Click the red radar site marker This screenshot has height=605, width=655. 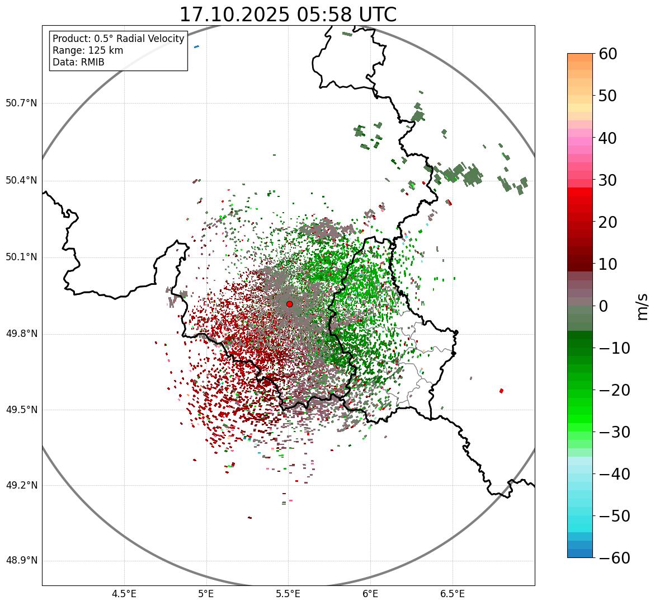click(x=289, y=304)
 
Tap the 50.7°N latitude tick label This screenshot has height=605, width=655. click(x=21, y=103)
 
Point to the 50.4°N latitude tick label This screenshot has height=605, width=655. click(x=21, y=180)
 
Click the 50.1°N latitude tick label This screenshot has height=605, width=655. click(x=21, y=257)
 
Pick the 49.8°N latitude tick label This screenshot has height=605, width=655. click(x=21, y=334)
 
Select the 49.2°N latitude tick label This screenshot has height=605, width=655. click(x=21, y=485)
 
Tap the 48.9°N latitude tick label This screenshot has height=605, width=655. click(x=21, y=561)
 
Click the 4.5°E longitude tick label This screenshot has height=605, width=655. click(x=124, y=594)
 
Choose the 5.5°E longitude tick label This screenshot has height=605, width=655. click(x=288, y=594)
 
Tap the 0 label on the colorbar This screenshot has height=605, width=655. click(x=604, y=306)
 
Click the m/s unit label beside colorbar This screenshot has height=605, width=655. click(x=642, y=306)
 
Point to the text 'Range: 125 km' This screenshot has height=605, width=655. click(x=88, y=50)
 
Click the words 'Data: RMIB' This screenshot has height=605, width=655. click(x=78, y=62)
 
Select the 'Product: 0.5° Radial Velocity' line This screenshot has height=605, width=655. click(x=118, y=39)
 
